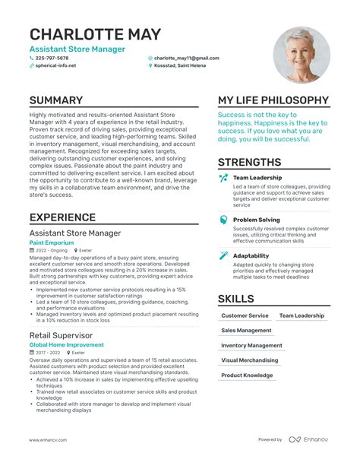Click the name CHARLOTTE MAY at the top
pyautogui.click(x=95, y=34)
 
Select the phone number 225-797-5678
pyautogui.click(x=52, y=58)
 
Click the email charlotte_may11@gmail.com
pyautogui.click(x=186, y=58)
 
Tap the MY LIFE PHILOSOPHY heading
pyautogui.click(x=273, y=100)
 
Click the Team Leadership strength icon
pyautogui.click(x=223, y=178)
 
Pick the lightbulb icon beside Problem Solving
pyautogui.click(x=223, y=220)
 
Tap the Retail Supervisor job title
pyautogui.click(x=62, y=334)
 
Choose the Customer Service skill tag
pyautogui.click(x=245, y=315)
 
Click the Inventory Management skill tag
pyautogui.click(x=251, y=345)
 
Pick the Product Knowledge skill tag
pyautogui.click(x=246, y=376)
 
